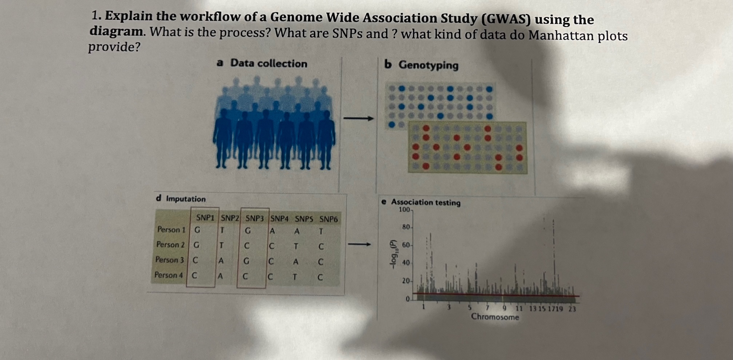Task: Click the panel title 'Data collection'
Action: pos(268,63)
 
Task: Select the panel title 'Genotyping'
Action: pos(428,65)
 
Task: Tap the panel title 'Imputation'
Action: pos(186,199)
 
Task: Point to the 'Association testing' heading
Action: pos(425,202)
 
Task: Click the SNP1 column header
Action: pos(205,218)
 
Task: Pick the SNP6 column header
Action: pos(328,219)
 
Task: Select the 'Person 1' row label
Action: pos(171,230)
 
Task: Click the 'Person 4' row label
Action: pos(168,275)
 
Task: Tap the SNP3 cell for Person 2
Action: pos(247,246)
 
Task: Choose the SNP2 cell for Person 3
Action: pos(220,261)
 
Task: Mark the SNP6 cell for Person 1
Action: pos(320,232)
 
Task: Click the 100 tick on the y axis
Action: pos(405,210)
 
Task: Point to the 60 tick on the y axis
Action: pos(406,245)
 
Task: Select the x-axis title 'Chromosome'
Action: pos(495,317)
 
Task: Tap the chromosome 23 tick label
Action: pos(572,309)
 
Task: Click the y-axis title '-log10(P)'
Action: pos(393,254)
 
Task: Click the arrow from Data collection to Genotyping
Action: pos(358,118)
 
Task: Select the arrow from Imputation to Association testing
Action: pos(359,244)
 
